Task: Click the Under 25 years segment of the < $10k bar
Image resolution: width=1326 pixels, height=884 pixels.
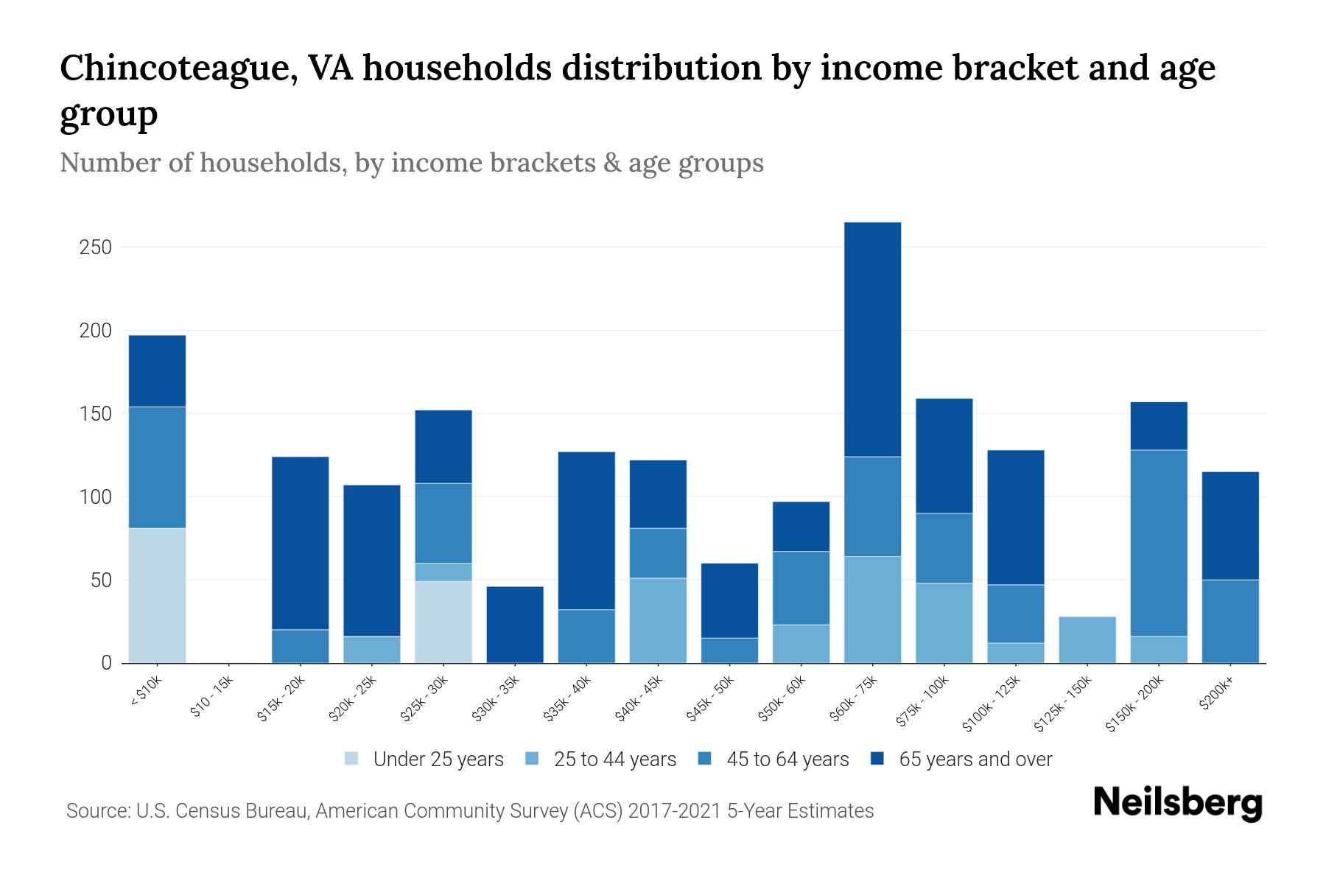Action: pos(157,595)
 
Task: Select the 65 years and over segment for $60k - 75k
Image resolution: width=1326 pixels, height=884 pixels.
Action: pos(872,340)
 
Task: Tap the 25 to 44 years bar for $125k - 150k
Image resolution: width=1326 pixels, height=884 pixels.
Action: pos(1087,639)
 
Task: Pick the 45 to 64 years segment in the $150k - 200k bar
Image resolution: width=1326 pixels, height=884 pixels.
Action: pos(1159,543)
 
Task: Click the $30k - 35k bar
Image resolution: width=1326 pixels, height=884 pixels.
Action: pos(515,625)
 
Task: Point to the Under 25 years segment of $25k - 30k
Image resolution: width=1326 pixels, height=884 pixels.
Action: pos(443,622)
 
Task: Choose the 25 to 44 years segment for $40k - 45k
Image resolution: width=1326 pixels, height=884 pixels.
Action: pos(658,620)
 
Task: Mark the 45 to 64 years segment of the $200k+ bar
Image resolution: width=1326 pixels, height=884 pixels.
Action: pos(1230,621)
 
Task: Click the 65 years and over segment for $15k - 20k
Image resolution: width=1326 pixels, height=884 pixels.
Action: pos(301,543)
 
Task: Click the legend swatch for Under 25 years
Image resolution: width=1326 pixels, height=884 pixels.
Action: pos(351,759)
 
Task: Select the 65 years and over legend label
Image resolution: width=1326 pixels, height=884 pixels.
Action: pos(975,760)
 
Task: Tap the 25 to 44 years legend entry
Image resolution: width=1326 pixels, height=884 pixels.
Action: pos(614,760)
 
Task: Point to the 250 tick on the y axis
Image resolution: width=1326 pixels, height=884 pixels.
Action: pos(95,248)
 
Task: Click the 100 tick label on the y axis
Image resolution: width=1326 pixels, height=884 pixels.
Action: pos(95,497)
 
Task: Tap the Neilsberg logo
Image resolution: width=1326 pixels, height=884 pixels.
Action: pos(1177,802)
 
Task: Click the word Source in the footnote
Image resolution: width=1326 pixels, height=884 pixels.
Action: pos(97,811)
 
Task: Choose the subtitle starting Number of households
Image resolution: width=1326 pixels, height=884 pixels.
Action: pos(411,163)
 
